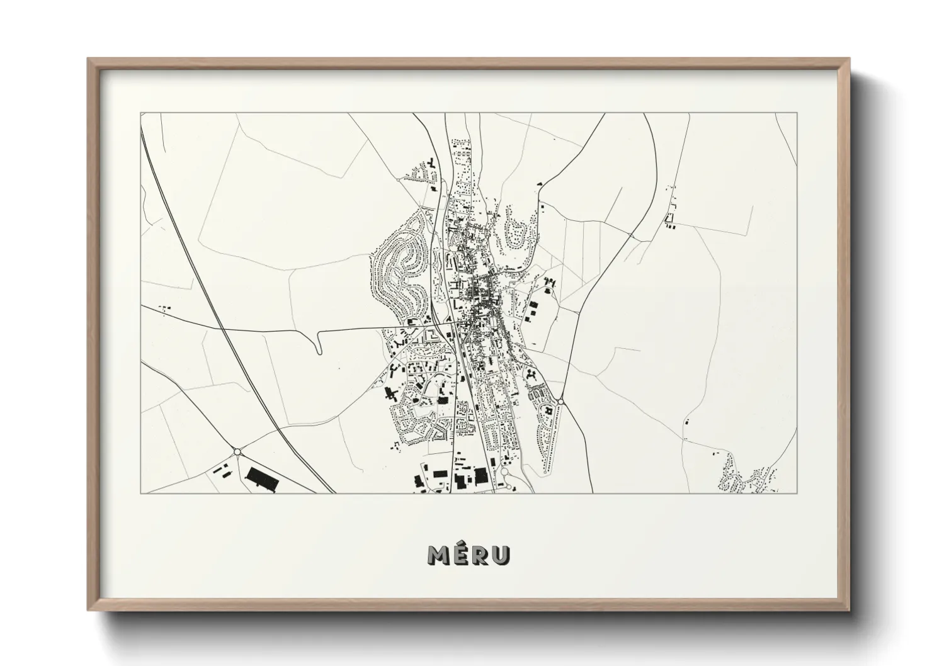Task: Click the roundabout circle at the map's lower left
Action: click(x=237, y=451)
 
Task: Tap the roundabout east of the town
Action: click(x=560, y=400)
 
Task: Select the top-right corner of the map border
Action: click(x=797, y=113)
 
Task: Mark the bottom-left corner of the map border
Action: click(x=141, y=493)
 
